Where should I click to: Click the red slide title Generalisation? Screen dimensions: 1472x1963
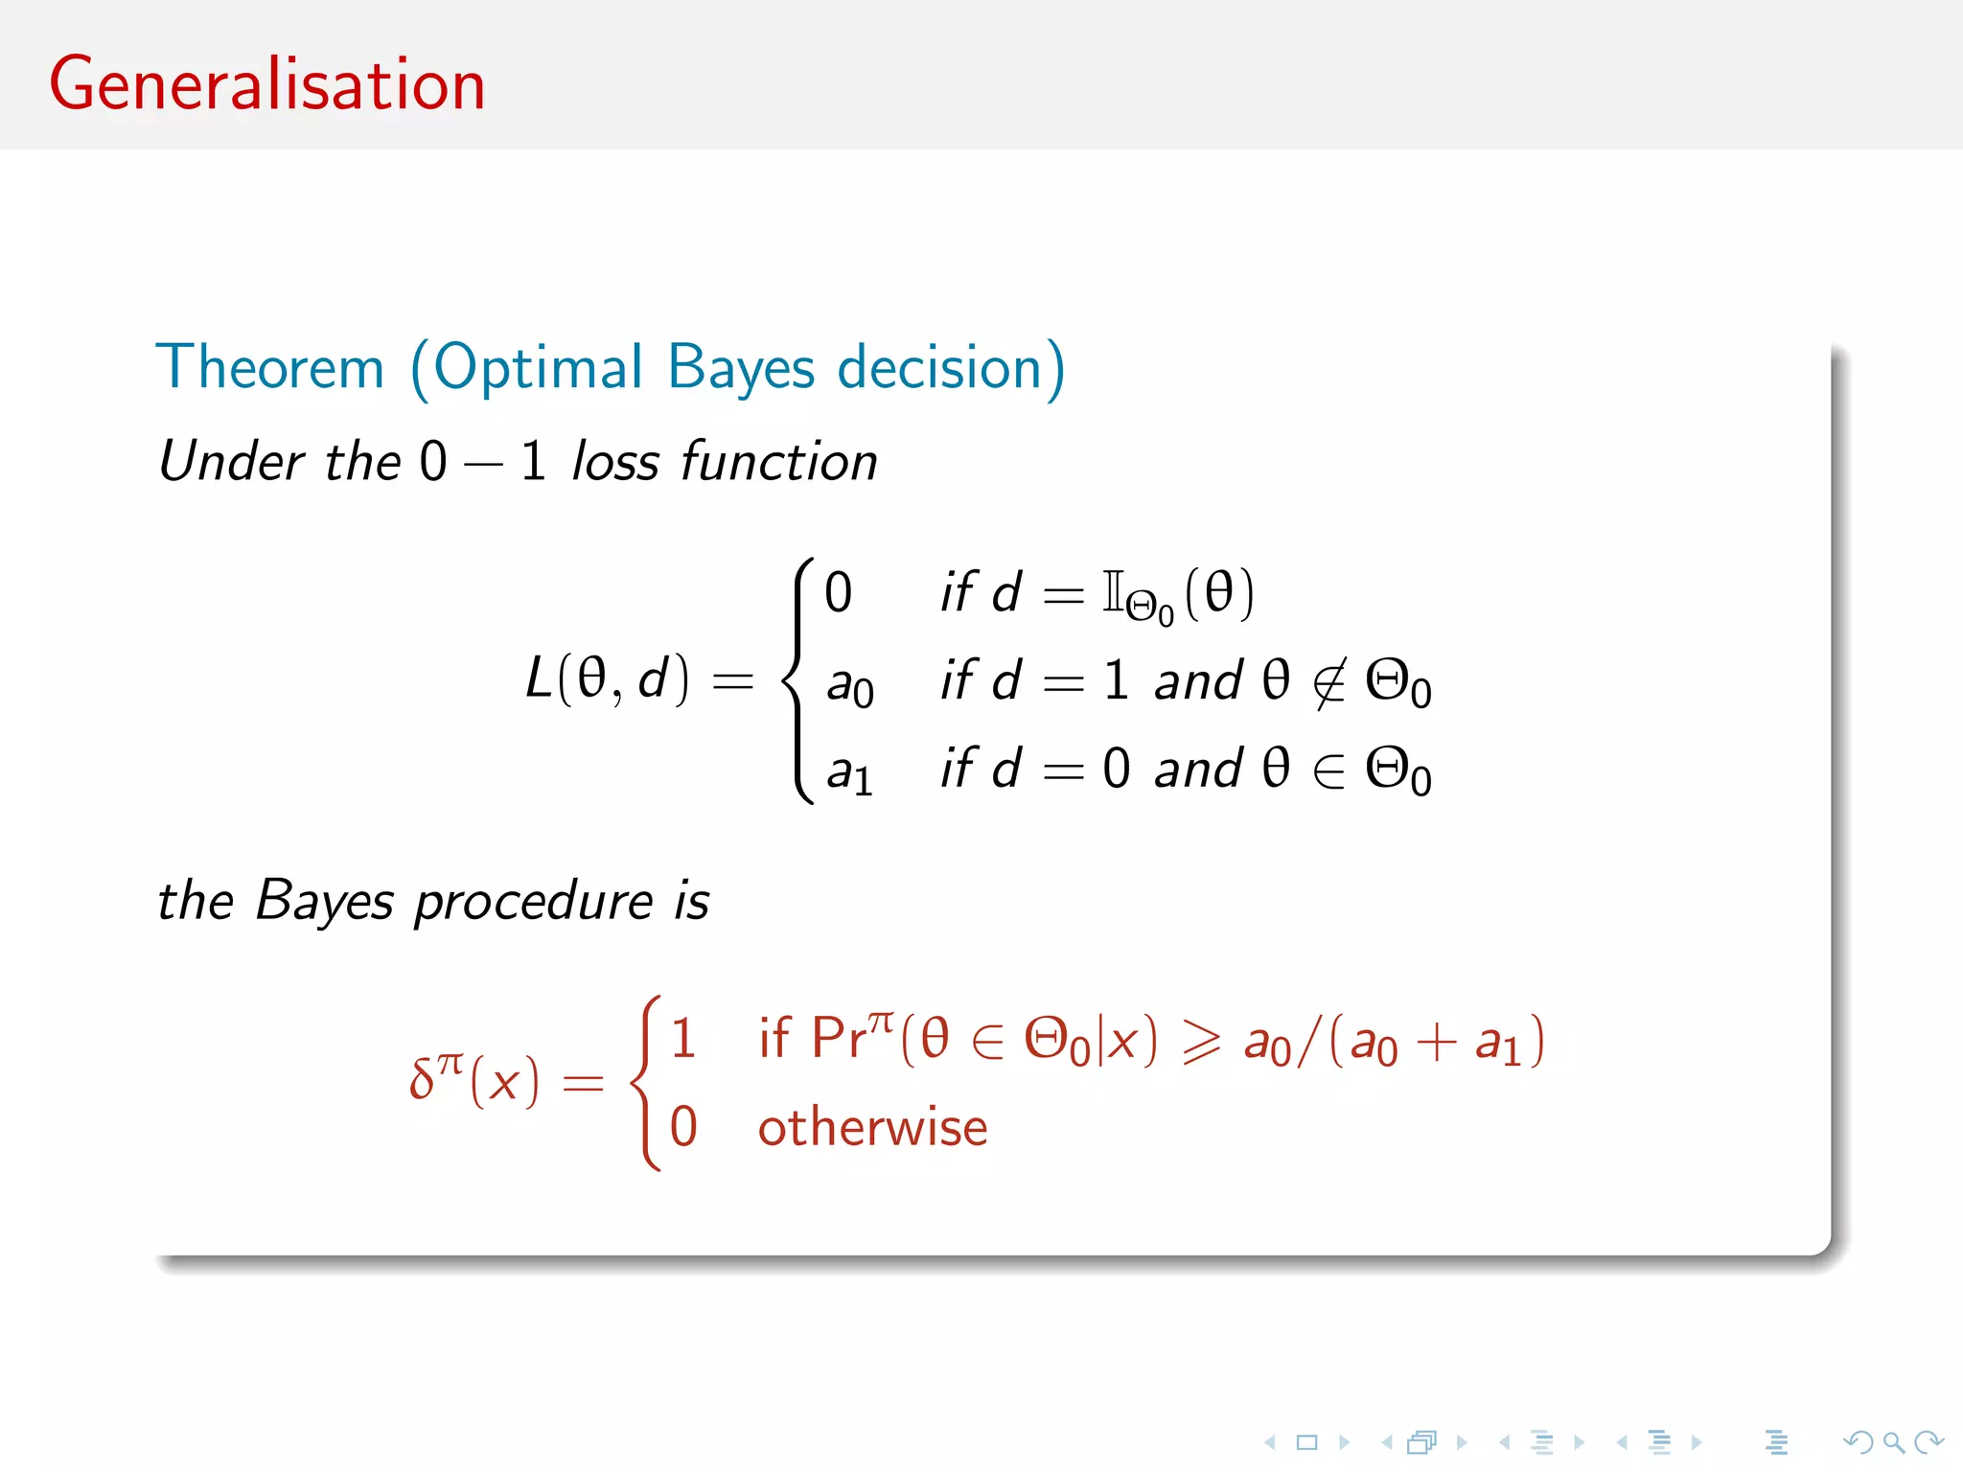(x=266, y=84)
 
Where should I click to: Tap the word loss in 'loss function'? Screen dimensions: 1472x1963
(x=615, y=462)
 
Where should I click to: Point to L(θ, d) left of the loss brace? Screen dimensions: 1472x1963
(x=606, y=679)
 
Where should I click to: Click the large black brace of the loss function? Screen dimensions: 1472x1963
(x=797, y=679)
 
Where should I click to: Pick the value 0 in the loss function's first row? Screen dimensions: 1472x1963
(x=838, y=592)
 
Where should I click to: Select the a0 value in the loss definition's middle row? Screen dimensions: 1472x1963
(x=849, y=684)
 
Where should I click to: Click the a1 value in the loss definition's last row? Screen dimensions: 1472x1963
(x=849, y=772)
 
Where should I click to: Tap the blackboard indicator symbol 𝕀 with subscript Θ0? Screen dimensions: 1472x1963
(x=1114, y=591)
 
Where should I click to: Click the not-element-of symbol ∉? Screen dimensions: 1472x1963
(x=1329, y=682)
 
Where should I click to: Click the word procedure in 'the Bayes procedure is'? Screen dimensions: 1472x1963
(x=533, y=902)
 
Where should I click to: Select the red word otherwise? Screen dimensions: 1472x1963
(x=872, y=1128)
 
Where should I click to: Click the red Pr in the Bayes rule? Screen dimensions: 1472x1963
(x=839, y=1038)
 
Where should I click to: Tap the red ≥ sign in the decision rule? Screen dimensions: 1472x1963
(x=1201, y=1042)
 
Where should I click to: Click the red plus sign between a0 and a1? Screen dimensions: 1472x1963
(x=1436, y=1042)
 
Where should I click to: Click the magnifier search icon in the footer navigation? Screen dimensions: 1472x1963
(x=1893, y=1441)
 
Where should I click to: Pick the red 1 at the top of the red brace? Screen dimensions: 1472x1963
(x=683, y=1038)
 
